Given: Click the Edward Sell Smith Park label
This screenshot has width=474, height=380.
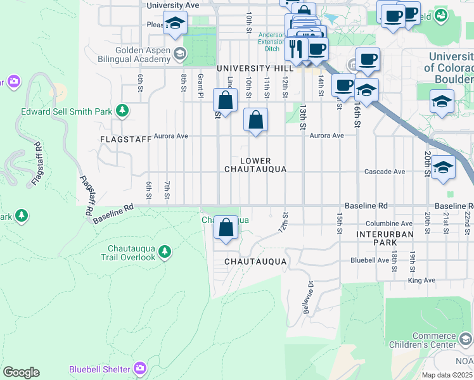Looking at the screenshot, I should [x=58, y=111].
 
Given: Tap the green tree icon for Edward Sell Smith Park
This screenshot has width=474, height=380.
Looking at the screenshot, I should [x=122, y=111].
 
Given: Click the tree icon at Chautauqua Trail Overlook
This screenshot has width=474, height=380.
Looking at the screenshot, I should [x=165, y=252].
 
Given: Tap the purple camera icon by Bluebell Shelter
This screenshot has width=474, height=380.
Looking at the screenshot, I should [x=140, y=368].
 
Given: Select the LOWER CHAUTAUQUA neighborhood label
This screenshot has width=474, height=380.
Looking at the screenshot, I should [x=255, y=165].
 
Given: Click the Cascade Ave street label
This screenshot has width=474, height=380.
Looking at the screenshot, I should [x=384, y=172].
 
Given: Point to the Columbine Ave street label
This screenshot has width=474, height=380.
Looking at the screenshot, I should [x=388, y=224].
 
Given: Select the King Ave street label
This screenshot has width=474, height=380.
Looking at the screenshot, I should [x=421, y=280].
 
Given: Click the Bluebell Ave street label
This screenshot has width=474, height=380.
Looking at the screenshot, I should [x=370, y=260].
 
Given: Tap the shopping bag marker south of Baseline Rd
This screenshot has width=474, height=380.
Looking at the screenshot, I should [x=226, y=228].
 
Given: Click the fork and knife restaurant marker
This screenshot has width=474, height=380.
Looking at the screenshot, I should [x=295, y=48].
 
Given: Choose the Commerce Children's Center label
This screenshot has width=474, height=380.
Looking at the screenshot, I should [x=434, y=340].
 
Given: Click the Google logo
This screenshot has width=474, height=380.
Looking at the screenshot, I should [x=21, y=372].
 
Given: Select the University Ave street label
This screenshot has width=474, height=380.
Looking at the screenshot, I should [x=172, y=5].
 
